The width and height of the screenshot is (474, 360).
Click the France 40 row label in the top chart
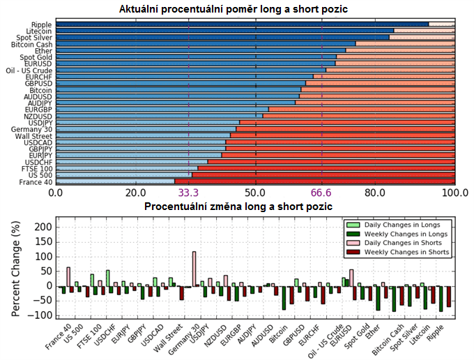(x=36, y=181)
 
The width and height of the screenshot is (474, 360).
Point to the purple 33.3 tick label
(x=189, y=193)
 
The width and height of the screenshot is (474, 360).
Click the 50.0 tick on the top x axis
(x=256, y=193)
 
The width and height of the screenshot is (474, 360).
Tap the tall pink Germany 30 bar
(x=194, y=269)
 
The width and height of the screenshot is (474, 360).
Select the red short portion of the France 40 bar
(x=314, y=181)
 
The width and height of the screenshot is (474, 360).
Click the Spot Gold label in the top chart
(x=35, y=57)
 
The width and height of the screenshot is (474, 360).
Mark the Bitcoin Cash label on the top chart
(x=31, y=44)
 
